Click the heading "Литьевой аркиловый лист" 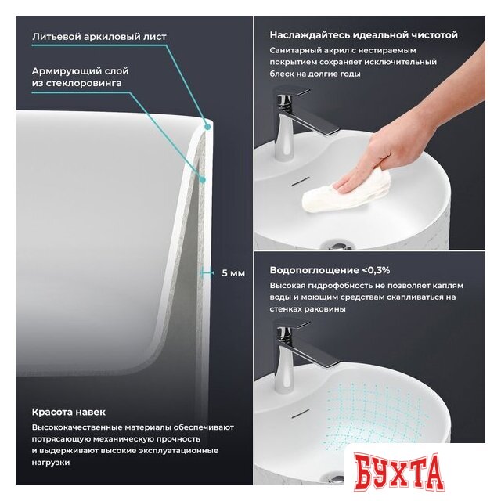99,37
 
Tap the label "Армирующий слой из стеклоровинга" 80,77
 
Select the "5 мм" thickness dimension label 233,273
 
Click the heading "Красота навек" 68,413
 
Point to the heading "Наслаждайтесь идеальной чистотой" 363,34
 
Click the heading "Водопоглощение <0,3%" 330,270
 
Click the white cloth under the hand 347,192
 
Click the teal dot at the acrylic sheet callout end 207,127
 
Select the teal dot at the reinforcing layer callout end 202,180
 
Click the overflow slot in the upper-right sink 301,181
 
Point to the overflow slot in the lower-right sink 301,413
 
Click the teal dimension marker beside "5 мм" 207,273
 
